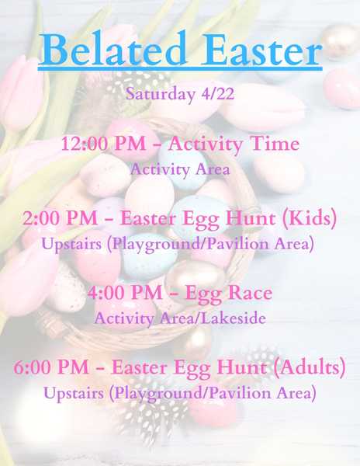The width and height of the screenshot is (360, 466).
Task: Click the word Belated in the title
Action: click(112, 48)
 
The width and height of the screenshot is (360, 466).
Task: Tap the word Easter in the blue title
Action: click(261, 49)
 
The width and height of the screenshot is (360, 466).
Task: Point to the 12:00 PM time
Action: click(103, 144)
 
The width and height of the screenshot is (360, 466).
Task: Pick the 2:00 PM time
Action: click(61, 218)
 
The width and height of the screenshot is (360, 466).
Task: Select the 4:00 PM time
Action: click(125, 293)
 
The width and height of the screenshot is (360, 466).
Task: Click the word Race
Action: click(250, 293)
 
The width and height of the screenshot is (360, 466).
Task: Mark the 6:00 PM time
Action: click(51, 367)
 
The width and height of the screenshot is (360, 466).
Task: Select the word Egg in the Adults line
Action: click(192, 368)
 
